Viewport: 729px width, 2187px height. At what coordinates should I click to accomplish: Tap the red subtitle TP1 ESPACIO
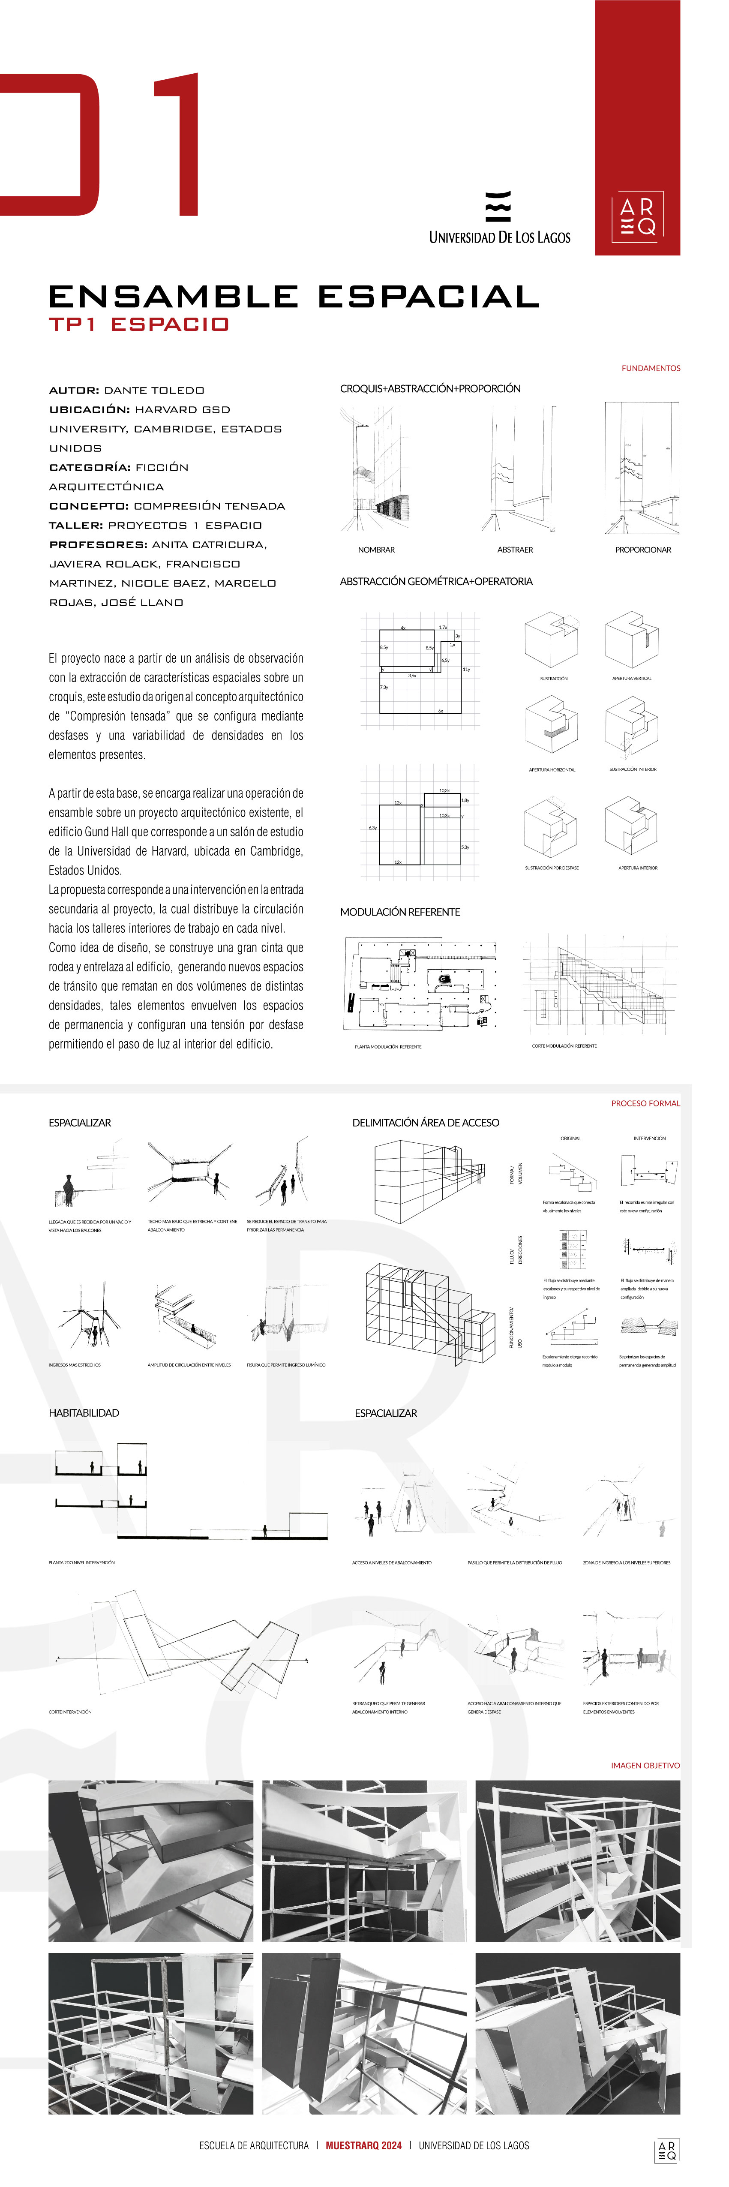click(138, 324)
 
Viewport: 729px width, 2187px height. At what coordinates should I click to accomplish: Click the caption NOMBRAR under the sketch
click(376, 550)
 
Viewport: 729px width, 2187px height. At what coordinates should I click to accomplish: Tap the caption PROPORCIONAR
click(642, 550)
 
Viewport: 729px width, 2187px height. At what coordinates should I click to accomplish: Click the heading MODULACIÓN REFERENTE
click(400, 912)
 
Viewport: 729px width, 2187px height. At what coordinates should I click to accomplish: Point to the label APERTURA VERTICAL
click(631, 678)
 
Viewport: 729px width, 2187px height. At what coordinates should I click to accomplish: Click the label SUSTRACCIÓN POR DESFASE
click(552, 868)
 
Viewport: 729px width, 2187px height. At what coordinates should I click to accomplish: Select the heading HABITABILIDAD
click(84, 1413)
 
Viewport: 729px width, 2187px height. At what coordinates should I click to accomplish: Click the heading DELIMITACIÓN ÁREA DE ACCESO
click(425, 1122)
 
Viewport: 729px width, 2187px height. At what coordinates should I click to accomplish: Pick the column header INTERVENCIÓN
click(649, 1138)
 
